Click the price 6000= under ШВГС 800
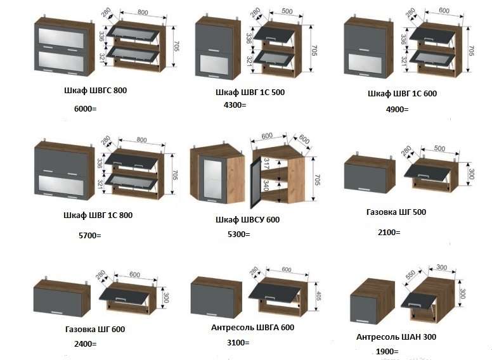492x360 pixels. tap(86, 109)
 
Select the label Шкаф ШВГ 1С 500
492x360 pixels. tap(250, 93)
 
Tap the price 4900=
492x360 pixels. tap(397, 109)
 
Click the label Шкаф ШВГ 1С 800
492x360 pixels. tap(98, 215)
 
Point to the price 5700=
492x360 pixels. tap(89, 235)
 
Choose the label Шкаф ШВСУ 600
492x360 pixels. tap(248, 220)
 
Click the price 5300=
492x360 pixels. tap(238, 235)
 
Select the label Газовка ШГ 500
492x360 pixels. tap(396, 212)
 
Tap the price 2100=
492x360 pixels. tap(389, 233)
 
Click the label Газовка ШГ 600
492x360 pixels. tap(95, 329)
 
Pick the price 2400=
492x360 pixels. tap(85, 344)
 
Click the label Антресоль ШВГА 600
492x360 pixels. tap(252, 328)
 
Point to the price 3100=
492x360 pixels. tap(238, 343)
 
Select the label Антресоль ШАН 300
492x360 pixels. tap(396, 337)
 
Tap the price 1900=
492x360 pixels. tap(387, 351)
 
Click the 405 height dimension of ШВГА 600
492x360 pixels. tap(319, 298)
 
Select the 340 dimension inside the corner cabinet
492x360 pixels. tap(267, 186)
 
